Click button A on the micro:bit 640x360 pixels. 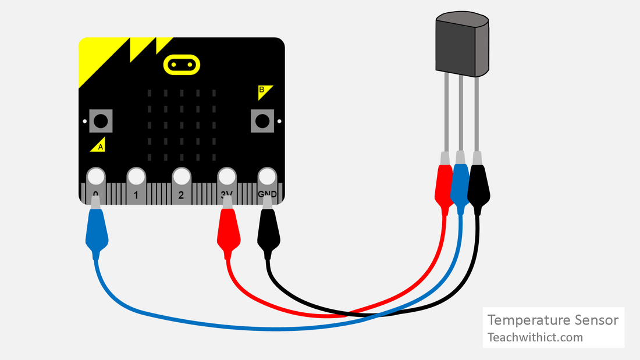click(x=101, y=121)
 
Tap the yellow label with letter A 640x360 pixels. click(x=98, y=146)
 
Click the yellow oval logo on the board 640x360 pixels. click(x=181, y=65)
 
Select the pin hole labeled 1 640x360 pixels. click(x=136, y=176)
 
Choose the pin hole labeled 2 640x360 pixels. click(x=181, y=176)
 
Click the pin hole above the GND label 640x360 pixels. click(x=267, y=176)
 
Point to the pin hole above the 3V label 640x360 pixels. click(x=226, y=176)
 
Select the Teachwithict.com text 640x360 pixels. click(x=535, y=337)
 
